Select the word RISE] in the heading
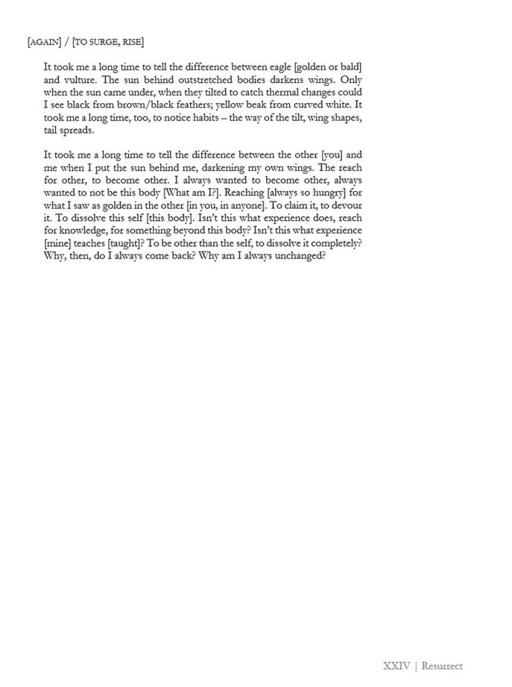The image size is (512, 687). (132, 43)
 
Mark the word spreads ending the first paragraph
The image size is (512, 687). (78, 132)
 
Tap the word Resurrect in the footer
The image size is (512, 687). (442, 666)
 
